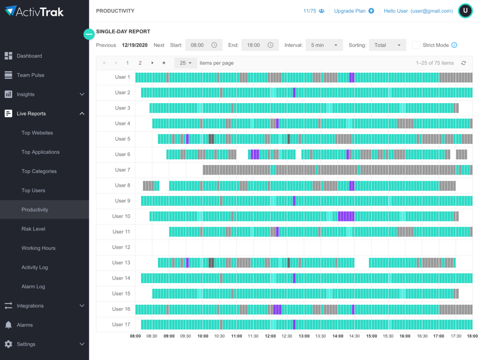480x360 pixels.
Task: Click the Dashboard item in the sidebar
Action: click(x=29, y=56)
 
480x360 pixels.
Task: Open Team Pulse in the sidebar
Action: click(x=30, y=75)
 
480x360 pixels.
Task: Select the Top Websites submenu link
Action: click(x=37, y=133)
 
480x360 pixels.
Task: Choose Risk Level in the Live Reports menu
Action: click(x=33, y=229)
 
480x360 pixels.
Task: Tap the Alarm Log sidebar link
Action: click(x=33, y=286)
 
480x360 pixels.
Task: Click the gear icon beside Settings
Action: click(x=8, y=344)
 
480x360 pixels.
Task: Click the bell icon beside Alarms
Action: click(x=8, y=325)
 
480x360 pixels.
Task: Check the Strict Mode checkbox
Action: click(x=416, y=45)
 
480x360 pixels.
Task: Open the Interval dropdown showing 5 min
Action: click(x=324, y=45)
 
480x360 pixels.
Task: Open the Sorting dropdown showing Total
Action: click(x=387, y=45)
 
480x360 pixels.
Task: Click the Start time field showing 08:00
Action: click(x=198, y=45)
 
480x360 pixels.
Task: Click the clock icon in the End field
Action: click(x=270, y=45)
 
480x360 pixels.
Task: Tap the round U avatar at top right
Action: click(x=465, y=11)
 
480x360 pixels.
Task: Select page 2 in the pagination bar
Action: click(x=140, y=63)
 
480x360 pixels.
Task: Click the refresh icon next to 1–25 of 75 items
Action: click(x=464, y=63)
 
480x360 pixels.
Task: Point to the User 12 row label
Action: click(x=121, y=247)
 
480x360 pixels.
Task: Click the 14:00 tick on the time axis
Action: click(x=338, y=336)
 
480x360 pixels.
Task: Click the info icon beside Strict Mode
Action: click(x=454, y=45)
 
